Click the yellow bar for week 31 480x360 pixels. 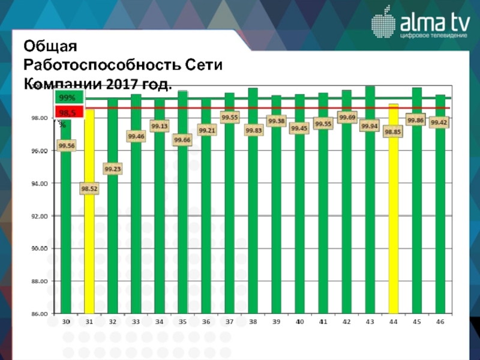89,240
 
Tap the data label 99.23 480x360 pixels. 113,169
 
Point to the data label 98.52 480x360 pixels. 89,189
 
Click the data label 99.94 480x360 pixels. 370,126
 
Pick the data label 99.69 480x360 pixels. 347,118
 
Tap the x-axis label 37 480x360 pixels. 229,322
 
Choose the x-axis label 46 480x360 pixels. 440,322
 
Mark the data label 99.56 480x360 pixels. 67,145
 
